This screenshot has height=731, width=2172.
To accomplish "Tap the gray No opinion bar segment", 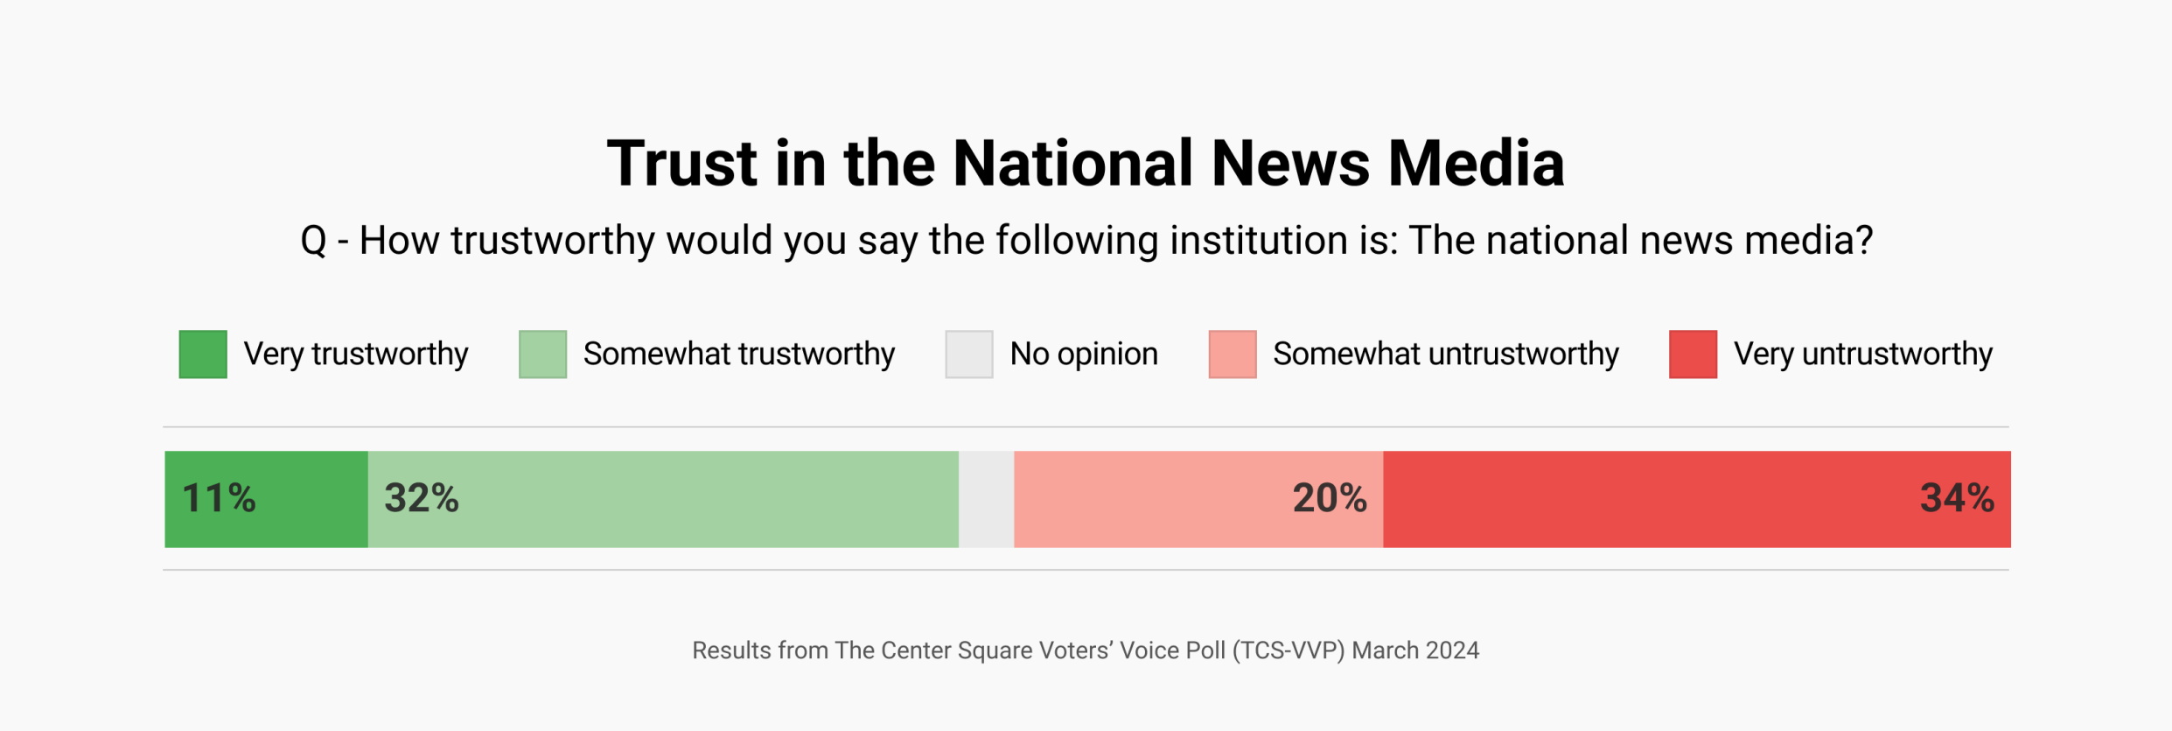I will point(986,499).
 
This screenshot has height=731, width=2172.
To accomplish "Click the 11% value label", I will point(219,499).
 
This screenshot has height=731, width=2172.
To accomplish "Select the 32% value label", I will point(422,499).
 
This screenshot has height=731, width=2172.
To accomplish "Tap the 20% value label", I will point(1330,499).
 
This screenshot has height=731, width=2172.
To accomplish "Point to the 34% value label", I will point(1957,499).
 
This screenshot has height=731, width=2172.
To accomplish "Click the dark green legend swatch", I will point(203,355).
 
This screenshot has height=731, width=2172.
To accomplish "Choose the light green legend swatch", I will point(542,355).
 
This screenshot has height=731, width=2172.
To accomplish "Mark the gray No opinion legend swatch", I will point(969,355).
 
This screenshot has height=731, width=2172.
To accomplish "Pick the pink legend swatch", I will point(1233,355).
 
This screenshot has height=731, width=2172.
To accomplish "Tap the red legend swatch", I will point(1693,355).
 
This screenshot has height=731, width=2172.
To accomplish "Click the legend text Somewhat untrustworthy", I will point(1445,355).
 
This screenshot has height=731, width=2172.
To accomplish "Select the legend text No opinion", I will point(1084,355).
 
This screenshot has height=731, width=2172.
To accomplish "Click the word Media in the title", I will point(1476,165).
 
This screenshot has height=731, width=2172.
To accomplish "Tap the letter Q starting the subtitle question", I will point(313,241).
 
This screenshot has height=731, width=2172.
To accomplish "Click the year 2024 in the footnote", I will point(1452,650).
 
